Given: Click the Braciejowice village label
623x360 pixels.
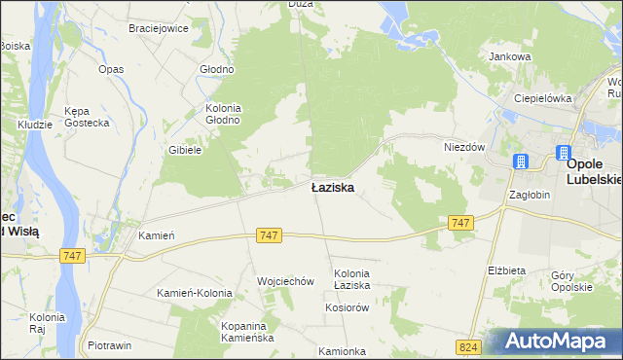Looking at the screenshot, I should pyautogui.click(x=158, y=28).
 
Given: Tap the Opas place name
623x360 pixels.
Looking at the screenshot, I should pyautogui.click(x=111, y=70).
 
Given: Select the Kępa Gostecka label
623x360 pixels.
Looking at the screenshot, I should pyautogui.click(x=83, y=118).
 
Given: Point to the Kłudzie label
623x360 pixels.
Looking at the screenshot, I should pyautogui.click(x=35, y=126).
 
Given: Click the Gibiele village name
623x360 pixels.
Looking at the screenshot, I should pyautogui.click(x=185, y=150).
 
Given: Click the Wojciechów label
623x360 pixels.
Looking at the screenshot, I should pyautogui.click(x=285, y=281).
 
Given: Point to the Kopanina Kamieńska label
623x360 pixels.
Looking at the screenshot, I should pyautogui.click(x=247, y=331).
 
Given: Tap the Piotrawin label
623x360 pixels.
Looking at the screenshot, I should pyautogui.click(x=109, y=345).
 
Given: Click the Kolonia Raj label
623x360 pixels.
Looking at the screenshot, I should pyautogui.click(x=47, y=322).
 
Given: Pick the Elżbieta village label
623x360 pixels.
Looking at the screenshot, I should pyautogui.click(x=506, y=270).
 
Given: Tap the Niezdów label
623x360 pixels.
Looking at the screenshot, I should pyautogui.click(x=464, y=147).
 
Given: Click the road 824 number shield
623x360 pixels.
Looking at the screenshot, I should pyautogui.click(x=467, y=346).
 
